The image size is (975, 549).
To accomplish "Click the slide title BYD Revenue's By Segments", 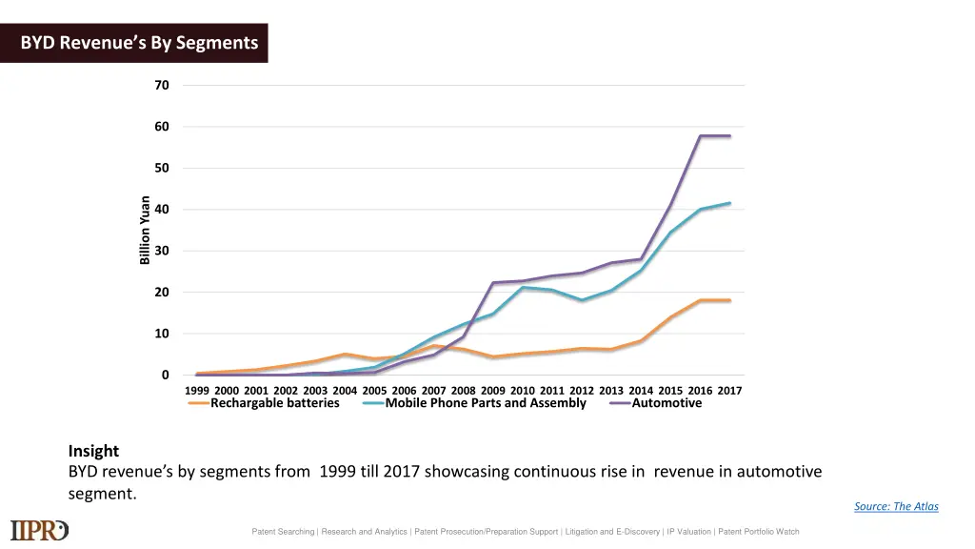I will click(139, 43).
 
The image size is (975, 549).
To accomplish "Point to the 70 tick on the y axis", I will click(162, 86).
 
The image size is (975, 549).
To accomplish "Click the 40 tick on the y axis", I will click(162, 210).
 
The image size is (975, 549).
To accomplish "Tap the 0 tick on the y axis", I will click(165, 376).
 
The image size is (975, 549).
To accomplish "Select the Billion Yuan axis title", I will click(145, 230).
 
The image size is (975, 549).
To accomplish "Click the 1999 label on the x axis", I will click(197, 391).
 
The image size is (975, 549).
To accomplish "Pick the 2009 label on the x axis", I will click(493, 391).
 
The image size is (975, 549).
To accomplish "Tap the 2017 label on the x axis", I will click(729, 391).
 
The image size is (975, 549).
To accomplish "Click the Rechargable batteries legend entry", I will click(274, 403).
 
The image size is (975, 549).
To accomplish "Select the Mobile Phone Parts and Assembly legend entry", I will click(486, 403).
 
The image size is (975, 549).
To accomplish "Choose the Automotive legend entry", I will click(667, 403).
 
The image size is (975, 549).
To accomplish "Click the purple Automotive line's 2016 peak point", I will click(701, 136).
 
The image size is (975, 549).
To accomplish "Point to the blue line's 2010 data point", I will click(523, 287).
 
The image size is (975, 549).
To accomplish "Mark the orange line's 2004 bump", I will click(345, 355).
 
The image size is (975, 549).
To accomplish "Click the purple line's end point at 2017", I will click(730, 136).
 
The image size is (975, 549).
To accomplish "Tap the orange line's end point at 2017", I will click(730, 300).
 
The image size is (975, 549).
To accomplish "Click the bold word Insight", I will click(93, 451).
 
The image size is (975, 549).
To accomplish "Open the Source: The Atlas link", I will click(896, 506).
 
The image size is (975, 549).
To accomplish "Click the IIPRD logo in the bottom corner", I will click(39, 530).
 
